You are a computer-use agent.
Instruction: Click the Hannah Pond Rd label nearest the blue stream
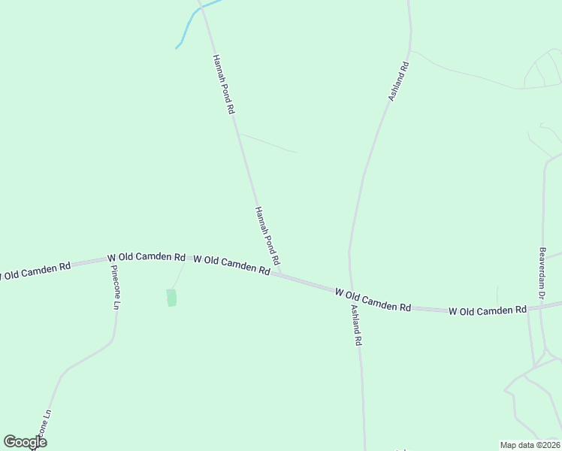point(224,83)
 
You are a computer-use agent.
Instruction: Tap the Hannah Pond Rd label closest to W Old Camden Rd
point(267,235)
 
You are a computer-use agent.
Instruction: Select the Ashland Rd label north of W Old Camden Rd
point(398,82)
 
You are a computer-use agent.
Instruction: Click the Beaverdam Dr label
point(541,275)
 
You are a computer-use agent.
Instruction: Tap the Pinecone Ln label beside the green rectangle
point(115,287)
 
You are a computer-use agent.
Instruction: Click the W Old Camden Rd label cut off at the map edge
point(35,269)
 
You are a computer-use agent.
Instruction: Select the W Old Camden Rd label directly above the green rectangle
point(147,257)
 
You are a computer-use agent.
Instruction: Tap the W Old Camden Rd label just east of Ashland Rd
point(373,299)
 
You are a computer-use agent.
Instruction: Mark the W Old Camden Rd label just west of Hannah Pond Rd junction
point(231,264)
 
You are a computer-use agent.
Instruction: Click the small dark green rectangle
point(171,298)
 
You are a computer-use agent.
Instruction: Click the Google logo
point(25,442)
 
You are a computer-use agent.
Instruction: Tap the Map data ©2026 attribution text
point(530,444)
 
